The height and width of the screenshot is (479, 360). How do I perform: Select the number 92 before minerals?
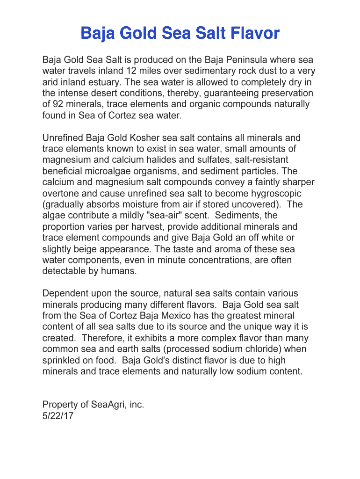pos(58,104)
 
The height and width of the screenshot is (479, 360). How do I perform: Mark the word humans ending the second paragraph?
pos(121,271)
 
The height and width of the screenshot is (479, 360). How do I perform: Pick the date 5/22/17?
pos(58,416)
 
